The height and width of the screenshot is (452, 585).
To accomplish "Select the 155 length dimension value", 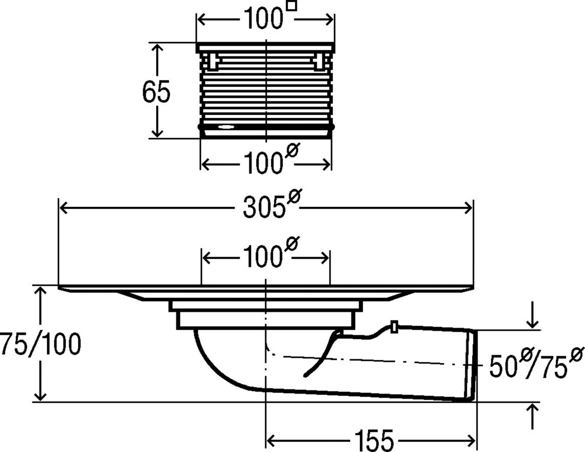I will (374, 440).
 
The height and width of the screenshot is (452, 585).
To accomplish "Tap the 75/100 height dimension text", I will (40, 344).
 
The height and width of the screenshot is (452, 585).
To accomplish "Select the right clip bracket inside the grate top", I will (319, 61).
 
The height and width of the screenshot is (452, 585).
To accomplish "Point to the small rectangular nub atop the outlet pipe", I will (394, 327).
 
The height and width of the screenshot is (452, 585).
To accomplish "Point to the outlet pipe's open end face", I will (473, 365).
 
